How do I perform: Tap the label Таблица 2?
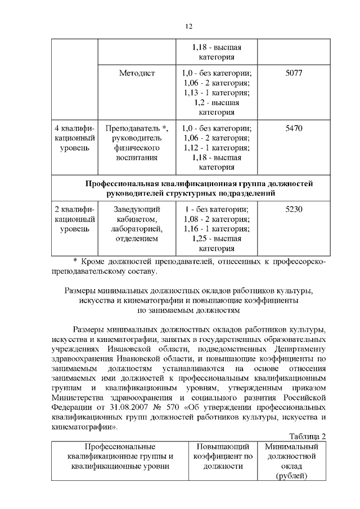[x=308, y=436]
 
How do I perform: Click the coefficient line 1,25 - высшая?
[x=217, y=238]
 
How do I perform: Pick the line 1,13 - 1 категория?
[x=217, y=92]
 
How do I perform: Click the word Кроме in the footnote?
[x=94, y=262]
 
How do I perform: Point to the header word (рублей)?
[x=292, y=476]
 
